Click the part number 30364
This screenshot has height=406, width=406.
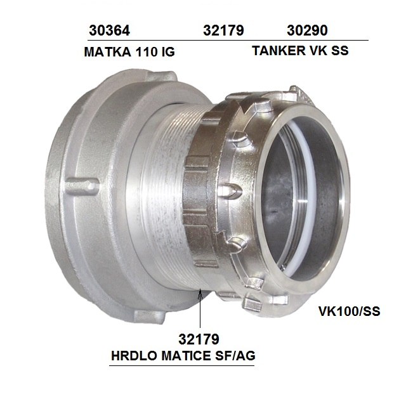click(x=109, y=30)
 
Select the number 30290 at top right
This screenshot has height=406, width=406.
click(x=307, y=30)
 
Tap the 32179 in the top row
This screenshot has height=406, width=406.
click(x=223, y=30)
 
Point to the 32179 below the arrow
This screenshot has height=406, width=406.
click(x=199, y=339)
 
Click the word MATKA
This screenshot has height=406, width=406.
click(x=107, y=52)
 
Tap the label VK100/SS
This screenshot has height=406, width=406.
click(x=350, y=311)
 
